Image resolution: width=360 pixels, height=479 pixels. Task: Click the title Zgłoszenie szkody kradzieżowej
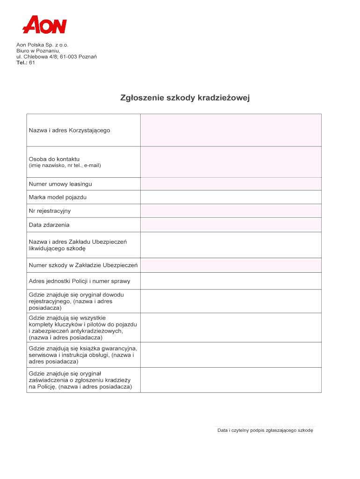coord(186,98)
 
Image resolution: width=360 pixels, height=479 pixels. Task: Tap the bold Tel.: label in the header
coord(22,63)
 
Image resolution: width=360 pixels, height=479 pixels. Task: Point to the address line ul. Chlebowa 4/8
coord(57,57)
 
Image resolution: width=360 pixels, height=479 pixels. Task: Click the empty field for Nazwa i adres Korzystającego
coord(230,131)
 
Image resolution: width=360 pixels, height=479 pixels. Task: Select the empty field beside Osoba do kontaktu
coord(230,162)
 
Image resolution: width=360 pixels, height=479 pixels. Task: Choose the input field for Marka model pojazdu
coord(230,197)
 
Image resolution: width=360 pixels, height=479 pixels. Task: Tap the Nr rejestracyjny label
coord(50,211)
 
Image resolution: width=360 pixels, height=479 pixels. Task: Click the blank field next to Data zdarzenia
coord(230,225)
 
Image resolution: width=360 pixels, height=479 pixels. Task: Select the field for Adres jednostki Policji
coord(230,281)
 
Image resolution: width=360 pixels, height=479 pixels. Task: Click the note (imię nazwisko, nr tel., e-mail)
coord(65,166)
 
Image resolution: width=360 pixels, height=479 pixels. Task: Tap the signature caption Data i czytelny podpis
coord(265,430)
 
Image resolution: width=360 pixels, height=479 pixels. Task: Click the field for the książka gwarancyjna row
coord(230,355)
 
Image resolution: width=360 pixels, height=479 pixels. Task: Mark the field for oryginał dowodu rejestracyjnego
coord(230,302)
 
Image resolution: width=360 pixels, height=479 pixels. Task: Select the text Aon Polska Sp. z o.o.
coord(43,44)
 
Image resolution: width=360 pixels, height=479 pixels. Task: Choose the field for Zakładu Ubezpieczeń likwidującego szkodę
coord(230,245)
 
